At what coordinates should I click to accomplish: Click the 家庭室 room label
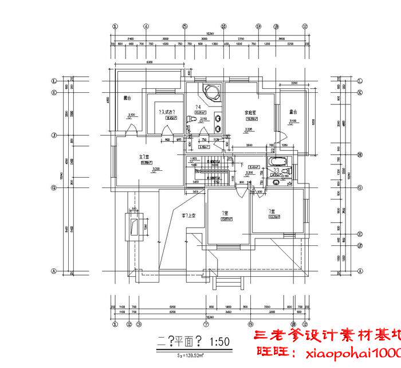pyautogui.click(x=250, y=112)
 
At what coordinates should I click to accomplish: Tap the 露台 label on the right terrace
pyautogui.click(x=293, y=112)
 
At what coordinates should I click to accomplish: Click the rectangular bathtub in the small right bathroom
pyautogui.click(x=278, y=161)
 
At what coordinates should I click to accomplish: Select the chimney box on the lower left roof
pyautogui.click(x=135, y=226)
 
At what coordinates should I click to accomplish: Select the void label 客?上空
pyautogui.click(x=190, y=216)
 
